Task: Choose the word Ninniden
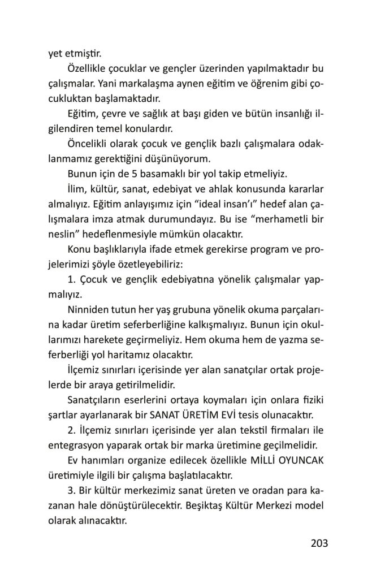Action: [88, 310]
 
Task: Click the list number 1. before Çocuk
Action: [71, 281]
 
